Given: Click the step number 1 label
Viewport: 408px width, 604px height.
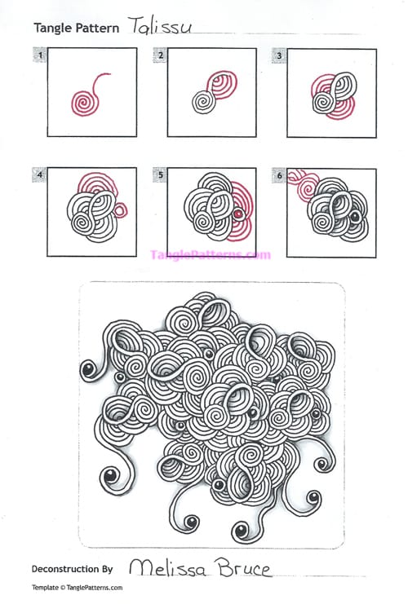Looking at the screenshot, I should pos(38,55).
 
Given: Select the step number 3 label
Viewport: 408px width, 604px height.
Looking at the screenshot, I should pos(279,55).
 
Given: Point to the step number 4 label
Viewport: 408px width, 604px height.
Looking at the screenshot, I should pos(38,174).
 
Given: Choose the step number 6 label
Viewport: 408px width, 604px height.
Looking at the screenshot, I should pos(279,174).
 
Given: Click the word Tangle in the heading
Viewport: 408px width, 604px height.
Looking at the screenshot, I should pos(51,28).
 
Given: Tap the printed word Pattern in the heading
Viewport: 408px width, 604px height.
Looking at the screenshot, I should pos(98,28).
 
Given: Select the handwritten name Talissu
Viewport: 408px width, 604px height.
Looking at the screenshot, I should pos(159,26).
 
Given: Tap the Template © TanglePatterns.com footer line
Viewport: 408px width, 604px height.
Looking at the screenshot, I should pos(77,588).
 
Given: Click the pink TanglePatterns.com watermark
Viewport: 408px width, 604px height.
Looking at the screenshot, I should pos(210,254).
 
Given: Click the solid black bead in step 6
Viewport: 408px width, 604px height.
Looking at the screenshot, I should pos(355,218).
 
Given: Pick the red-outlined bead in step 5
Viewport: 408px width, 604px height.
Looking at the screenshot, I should pos(237,215).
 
